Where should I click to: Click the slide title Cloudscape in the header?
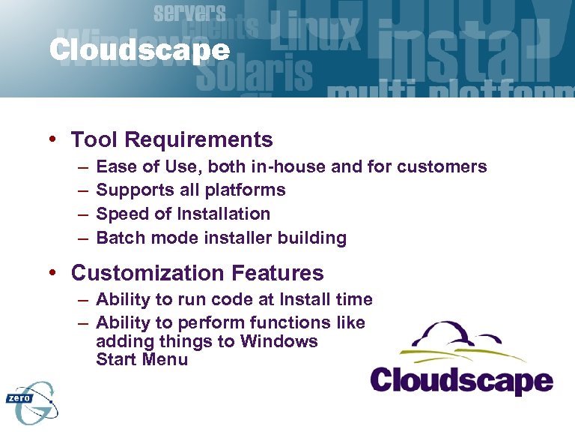click(139, 50)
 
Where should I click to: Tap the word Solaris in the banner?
click(255, 73)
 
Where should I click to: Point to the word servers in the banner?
click(189, 12)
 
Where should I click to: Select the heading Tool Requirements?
click(171, 139)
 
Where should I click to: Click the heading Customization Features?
click(197, 272)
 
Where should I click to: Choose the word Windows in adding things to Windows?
click(279, 341)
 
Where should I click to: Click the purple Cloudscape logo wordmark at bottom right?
click(462, 379)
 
